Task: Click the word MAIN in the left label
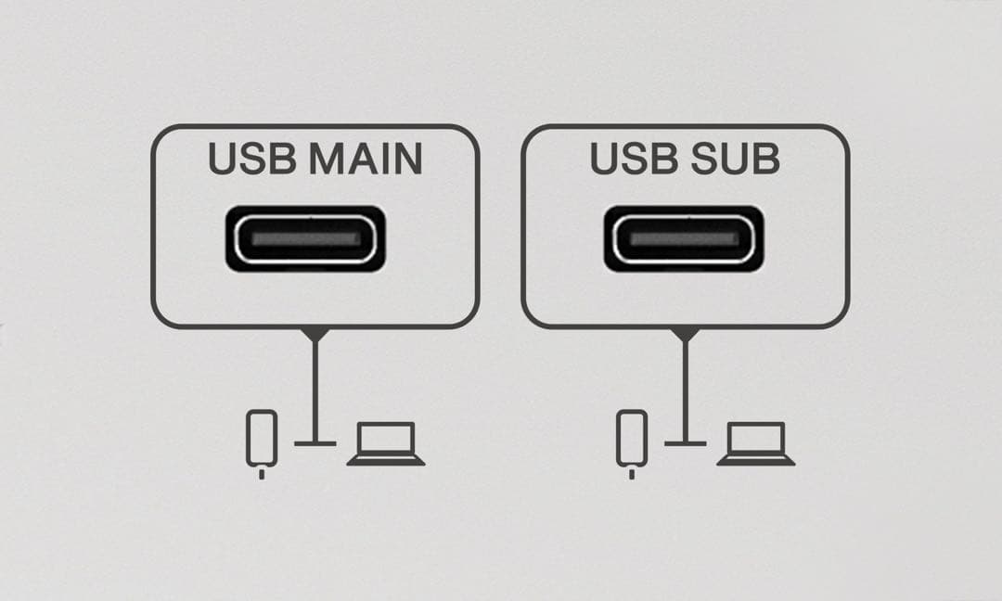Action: [366, 159]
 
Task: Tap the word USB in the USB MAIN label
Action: [252, 159]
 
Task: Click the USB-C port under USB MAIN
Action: [305, 239]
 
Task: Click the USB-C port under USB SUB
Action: [684, 239]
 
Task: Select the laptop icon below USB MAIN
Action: [385, 444]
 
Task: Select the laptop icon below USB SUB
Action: [755, 444]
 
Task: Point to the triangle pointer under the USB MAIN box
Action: [315, 333]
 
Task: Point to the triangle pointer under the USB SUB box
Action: [686, 333]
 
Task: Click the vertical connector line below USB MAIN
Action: [315, 390]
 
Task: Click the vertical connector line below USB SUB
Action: [686, 390]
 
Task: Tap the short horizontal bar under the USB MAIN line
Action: [315, 443]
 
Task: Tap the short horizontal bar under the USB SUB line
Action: [686, 443]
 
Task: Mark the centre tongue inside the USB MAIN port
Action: [305, 239]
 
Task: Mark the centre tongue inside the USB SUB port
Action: [684, 239]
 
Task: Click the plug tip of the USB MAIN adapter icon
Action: [262, 474]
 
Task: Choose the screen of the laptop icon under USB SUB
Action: [756, 438]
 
